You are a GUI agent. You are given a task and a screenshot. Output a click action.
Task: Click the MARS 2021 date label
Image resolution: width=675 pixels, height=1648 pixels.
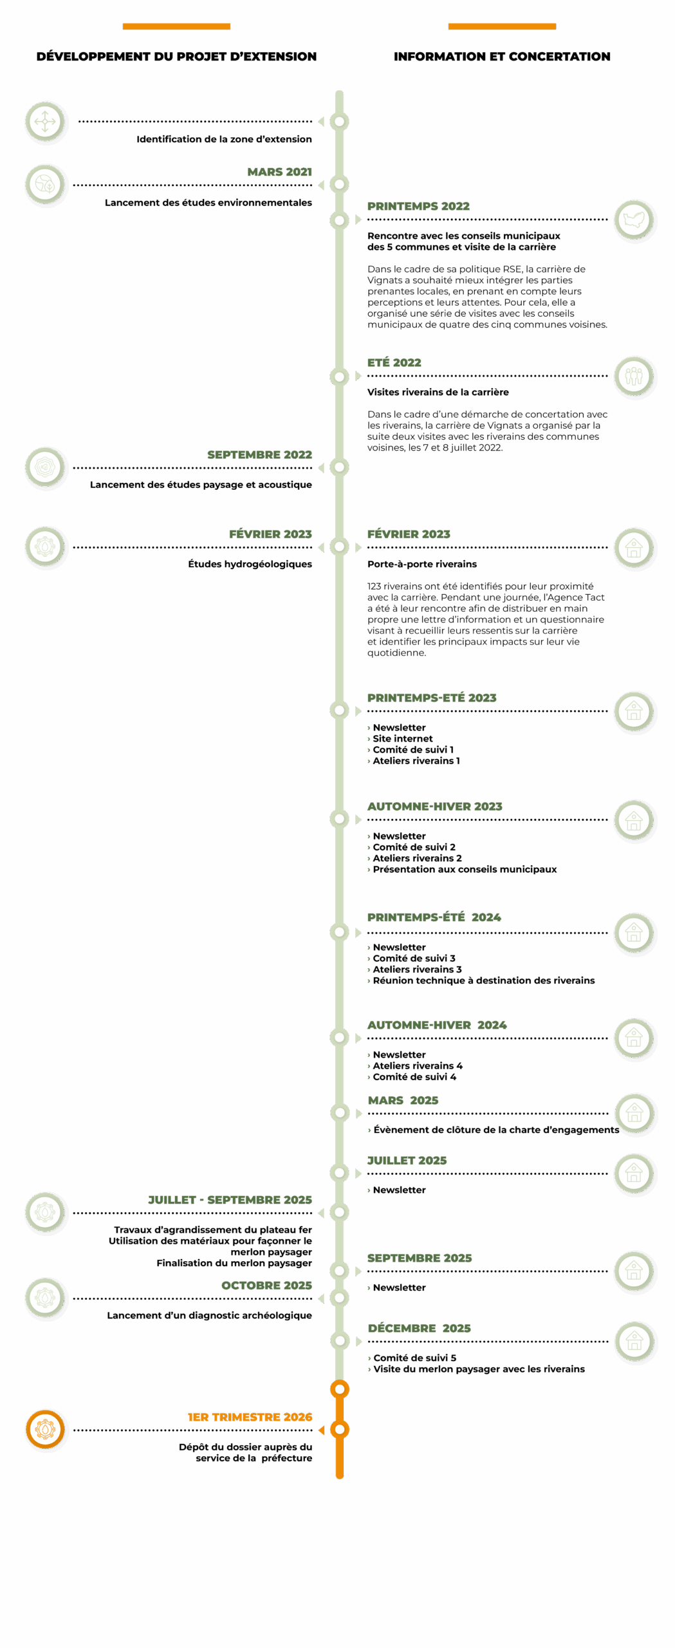pyautogui.click(x=279, y=172)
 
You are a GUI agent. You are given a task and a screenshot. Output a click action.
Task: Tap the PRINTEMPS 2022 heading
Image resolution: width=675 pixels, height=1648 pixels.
pyautogui.click(x=418, y=207)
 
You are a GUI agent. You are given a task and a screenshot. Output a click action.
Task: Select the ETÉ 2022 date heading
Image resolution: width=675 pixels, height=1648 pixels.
pyautogui.click(x=394, y=363)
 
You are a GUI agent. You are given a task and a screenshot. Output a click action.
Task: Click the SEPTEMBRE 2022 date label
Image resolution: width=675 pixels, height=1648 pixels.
pyautogui.click(x=259, y=455)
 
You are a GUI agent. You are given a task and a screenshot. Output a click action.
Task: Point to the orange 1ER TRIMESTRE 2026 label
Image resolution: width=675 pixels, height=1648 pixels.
pyautogui.click(x=250, y=1417)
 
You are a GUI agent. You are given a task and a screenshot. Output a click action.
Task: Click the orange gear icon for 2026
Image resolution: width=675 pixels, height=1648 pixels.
pyautogui.click(x=45, y=1429)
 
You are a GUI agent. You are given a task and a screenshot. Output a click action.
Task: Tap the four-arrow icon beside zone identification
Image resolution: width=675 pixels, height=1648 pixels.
pyautogui.click(x=45, y=122)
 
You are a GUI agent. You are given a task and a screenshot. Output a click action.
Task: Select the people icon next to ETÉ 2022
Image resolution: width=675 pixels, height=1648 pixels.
pyautogui.click(x=634, y=376)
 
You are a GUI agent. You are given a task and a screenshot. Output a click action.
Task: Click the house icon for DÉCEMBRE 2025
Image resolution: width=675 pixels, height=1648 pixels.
pyautogui.click(x=634, y=1342)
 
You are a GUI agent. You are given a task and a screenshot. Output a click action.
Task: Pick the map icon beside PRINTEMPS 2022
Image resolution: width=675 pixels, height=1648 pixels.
pyautogui.click(x=634, y=220)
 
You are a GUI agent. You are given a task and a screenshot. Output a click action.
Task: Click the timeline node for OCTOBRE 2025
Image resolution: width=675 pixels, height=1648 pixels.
pyautogui.click(x=340, y=1298)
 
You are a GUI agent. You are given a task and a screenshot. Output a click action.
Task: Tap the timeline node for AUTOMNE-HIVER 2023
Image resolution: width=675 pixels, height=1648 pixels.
pyautogui.click(x=340, y=819)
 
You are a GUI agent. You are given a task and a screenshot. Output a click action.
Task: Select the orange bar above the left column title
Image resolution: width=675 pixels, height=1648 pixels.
pyautogui.click(x=177, y=26)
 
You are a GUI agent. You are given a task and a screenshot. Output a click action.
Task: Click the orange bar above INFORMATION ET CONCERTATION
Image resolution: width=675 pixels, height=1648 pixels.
pyautogui.click(x=502, y=26)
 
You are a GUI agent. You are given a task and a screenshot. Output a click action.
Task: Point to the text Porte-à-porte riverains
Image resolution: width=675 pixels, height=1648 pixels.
pyautogui.click(x=422, y=565)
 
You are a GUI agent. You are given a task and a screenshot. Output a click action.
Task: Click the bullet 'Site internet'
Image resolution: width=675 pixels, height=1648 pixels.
pyautogui.click(x=403, y=739)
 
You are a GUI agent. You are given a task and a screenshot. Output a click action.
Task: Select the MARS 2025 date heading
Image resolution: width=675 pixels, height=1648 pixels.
pyautogui.click(x=403, y=1101)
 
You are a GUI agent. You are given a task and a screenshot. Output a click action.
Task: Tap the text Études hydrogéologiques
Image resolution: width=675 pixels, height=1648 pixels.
pyautogui.click(x=250, y=565)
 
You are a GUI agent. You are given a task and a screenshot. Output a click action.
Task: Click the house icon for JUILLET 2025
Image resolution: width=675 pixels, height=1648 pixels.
pyautogui.click(x=634, y=1174)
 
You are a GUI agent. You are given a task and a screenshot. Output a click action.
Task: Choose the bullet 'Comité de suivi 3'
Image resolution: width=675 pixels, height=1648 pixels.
pyautogui.click(x=414, y=959)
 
